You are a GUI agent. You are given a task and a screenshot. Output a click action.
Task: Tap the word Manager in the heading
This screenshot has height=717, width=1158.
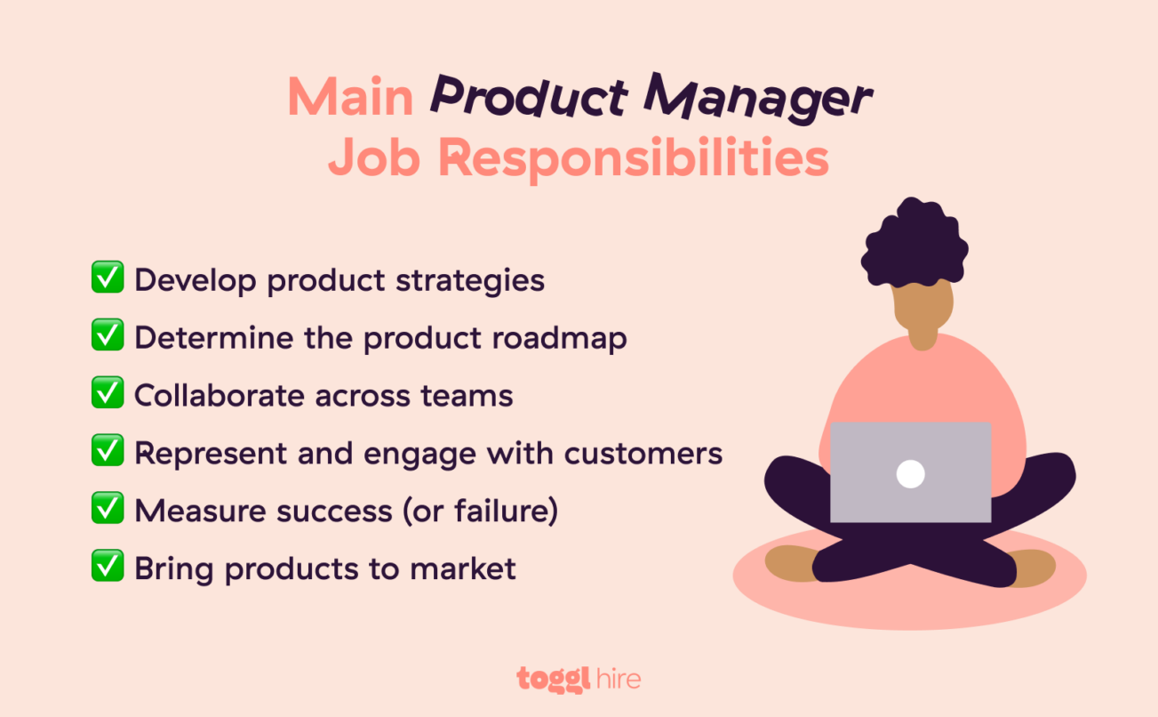pos(757,98)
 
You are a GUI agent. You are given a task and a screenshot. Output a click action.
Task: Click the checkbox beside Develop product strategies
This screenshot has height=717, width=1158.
pos(108,278)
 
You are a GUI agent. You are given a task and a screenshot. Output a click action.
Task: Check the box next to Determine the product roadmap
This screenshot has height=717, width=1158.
pos(108,336)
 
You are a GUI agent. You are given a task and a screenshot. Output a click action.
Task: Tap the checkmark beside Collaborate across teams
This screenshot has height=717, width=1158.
pos(108,394)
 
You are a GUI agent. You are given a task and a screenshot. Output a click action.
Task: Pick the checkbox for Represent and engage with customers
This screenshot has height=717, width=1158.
pos(108,452)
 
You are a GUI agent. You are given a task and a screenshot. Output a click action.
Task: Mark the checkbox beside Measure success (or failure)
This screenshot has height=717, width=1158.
pos(108,510)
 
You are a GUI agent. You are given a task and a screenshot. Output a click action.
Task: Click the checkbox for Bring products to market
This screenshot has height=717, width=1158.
pos(108,568)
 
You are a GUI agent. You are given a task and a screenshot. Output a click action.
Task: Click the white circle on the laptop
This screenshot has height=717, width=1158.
pos(910,474)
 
